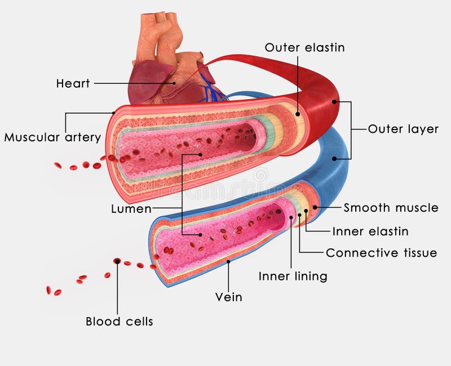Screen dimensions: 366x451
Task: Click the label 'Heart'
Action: point(73,84)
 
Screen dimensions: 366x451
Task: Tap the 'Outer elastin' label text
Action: point(304,48)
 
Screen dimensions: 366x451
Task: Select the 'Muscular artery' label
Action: point(52,137)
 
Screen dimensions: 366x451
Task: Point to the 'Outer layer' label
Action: point(403,129)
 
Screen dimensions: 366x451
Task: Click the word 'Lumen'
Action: point(131,209)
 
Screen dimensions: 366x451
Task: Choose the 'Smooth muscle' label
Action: point(391,208)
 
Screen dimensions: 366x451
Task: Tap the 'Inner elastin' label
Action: point(370,231)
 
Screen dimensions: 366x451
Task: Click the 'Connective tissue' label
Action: point(381,253)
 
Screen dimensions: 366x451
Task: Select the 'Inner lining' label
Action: point(293,276)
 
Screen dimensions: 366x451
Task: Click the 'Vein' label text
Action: point(229,297)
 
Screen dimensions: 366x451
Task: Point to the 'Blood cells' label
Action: point(119,322)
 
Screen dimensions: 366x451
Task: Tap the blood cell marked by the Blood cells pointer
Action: point(117,261)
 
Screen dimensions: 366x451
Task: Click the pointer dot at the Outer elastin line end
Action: point(298,114)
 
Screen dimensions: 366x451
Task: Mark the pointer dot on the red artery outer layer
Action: point(334,102)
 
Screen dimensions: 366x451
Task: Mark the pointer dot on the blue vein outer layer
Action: point(334,159)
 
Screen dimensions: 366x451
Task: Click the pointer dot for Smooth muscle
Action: point(315,207)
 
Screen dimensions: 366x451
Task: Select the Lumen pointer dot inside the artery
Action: point(201,154)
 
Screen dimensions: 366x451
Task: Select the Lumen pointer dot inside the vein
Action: point(201,234)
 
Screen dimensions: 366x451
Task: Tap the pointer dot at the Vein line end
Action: point(228,262)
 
